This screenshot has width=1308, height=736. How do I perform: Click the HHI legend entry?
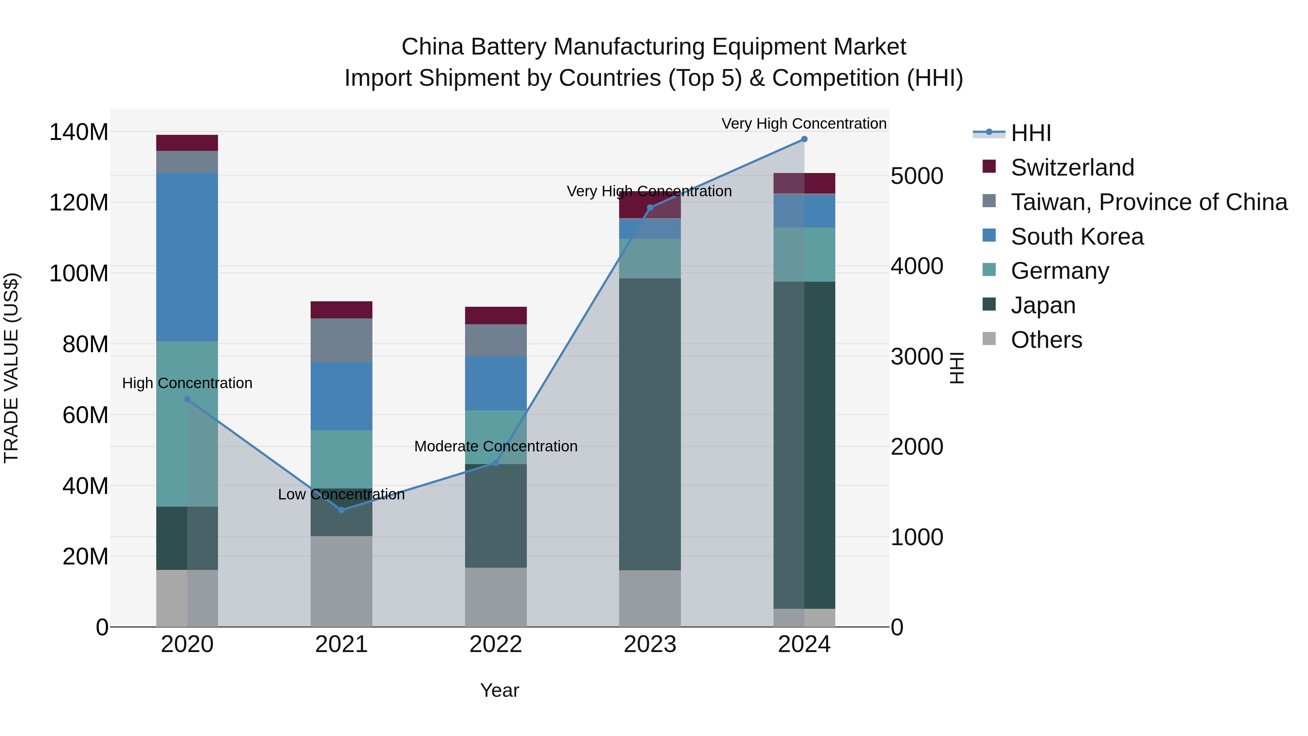click(x=1030, y=133)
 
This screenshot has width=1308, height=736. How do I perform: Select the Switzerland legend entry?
click(x=1072, y=168)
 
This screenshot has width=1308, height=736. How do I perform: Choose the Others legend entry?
click(x=1046, y=340)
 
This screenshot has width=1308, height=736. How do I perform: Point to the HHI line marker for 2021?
click(x=341, y=510)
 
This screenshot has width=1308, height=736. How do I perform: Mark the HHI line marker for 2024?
click(x=804, y=139)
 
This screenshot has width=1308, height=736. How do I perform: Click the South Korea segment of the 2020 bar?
click(x=187, y=257)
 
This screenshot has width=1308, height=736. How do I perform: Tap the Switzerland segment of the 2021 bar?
click(x=341, y=310)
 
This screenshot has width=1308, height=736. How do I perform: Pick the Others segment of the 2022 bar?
click(x=496, y=597)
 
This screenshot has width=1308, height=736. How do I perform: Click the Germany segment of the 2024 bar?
click(x=804, y=254)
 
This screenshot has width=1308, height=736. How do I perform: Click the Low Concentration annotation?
click(x=341, y=494)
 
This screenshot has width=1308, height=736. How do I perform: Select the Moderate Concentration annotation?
click(x=496, y=446)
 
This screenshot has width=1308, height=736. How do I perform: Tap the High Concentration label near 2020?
click(x=187, y=383)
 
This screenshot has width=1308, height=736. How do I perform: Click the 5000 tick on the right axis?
click(x=917, y=176)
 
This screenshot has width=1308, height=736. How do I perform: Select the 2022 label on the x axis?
click(x=496, y=644)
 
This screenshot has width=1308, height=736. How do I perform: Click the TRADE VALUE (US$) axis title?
click(x=11, y=368)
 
